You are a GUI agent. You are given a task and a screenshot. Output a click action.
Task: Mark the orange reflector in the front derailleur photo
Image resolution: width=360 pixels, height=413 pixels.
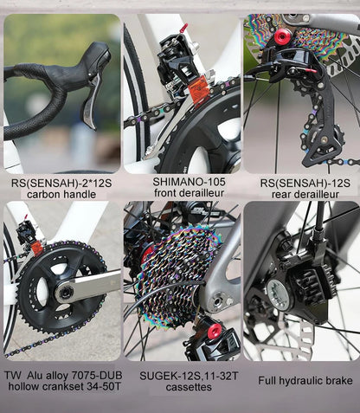coord(197,90)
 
